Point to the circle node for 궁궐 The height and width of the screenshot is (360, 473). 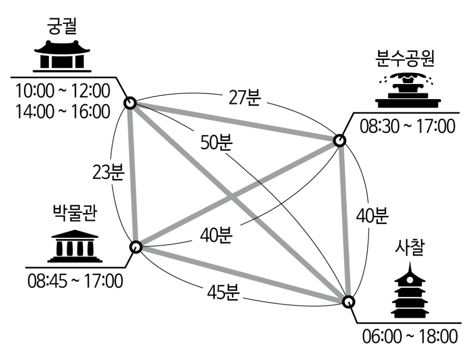click(x=130, y=103)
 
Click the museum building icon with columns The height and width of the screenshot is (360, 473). click(x=75, y=246)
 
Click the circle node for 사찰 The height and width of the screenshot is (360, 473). click(x=349, y=301)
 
